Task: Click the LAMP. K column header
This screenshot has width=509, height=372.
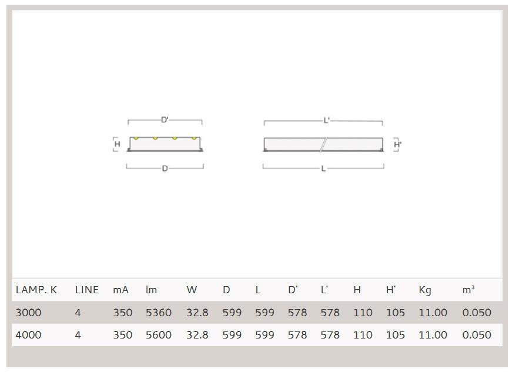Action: [36, 290]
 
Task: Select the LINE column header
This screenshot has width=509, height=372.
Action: [86, 290]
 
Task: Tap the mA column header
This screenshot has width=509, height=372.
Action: [120, 290]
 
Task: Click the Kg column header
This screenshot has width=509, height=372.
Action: [425, 290]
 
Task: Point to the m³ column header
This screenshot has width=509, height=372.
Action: [468, 290]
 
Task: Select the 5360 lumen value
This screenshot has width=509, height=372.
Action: [159, 313]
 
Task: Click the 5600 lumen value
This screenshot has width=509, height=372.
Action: [159, 334]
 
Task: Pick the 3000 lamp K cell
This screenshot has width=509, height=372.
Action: [29, 313]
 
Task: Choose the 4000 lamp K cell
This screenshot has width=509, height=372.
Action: [29, 334]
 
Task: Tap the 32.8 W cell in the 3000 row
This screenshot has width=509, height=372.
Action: [197, 313]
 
